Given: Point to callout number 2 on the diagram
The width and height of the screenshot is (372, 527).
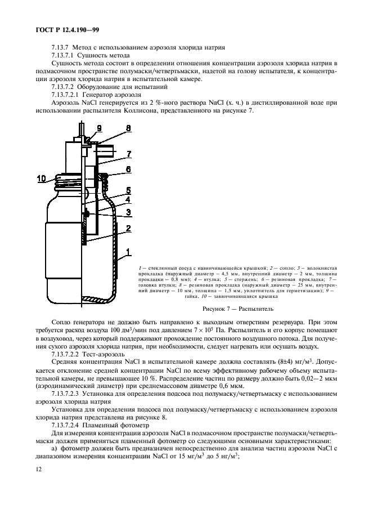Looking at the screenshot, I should (128, 227).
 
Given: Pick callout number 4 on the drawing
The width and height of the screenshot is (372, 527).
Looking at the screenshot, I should (128, 200).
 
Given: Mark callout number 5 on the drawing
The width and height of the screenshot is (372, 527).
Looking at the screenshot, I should (128, 190).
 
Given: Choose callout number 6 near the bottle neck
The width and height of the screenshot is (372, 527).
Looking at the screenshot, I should (128, 168).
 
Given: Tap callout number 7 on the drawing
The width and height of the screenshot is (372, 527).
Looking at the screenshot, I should (128, 154).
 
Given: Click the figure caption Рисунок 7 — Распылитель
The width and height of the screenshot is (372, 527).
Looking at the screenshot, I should (237, 309).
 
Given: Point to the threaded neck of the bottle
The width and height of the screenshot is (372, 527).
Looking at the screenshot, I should (66, 180).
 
